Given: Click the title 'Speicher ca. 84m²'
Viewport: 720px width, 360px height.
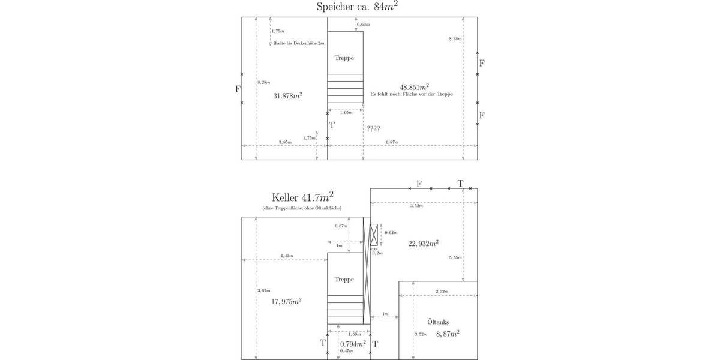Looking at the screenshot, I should coord(358,7).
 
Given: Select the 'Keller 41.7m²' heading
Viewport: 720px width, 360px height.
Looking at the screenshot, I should coord(302,197).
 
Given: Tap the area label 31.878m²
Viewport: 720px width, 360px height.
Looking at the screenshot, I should coord(287,95).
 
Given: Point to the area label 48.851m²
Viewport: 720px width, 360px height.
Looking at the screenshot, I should coord(414,86).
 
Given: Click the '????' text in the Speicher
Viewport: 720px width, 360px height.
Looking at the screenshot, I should coord(373,128).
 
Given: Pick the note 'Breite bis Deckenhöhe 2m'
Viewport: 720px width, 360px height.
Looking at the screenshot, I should coord(298,44).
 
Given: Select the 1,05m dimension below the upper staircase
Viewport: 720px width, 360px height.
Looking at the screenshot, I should coord(346,113).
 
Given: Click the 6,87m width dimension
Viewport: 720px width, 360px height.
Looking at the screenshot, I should coord(392,142).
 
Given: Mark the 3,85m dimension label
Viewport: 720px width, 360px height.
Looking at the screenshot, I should coord(285,142).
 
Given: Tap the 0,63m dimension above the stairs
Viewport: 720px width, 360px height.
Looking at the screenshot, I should coord(364,25).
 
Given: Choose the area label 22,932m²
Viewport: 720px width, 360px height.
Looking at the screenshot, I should coord(423,243).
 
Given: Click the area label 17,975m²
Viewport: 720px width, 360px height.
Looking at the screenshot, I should coord(286,301).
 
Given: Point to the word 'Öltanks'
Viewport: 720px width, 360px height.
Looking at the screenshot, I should coord(438,322).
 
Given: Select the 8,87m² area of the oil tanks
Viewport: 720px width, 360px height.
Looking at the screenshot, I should coord(448,334).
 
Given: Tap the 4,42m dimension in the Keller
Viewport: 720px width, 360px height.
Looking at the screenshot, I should coord(286,256).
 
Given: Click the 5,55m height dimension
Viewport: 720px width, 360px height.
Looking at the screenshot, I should coord(455,257).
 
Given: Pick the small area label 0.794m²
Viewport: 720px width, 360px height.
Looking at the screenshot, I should coord(353,344).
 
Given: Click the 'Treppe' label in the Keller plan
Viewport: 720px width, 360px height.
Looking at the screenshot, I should coord(344,280).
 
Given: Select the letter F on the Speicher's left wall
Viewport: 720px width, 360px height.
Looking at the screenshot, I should coord(238,89).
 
